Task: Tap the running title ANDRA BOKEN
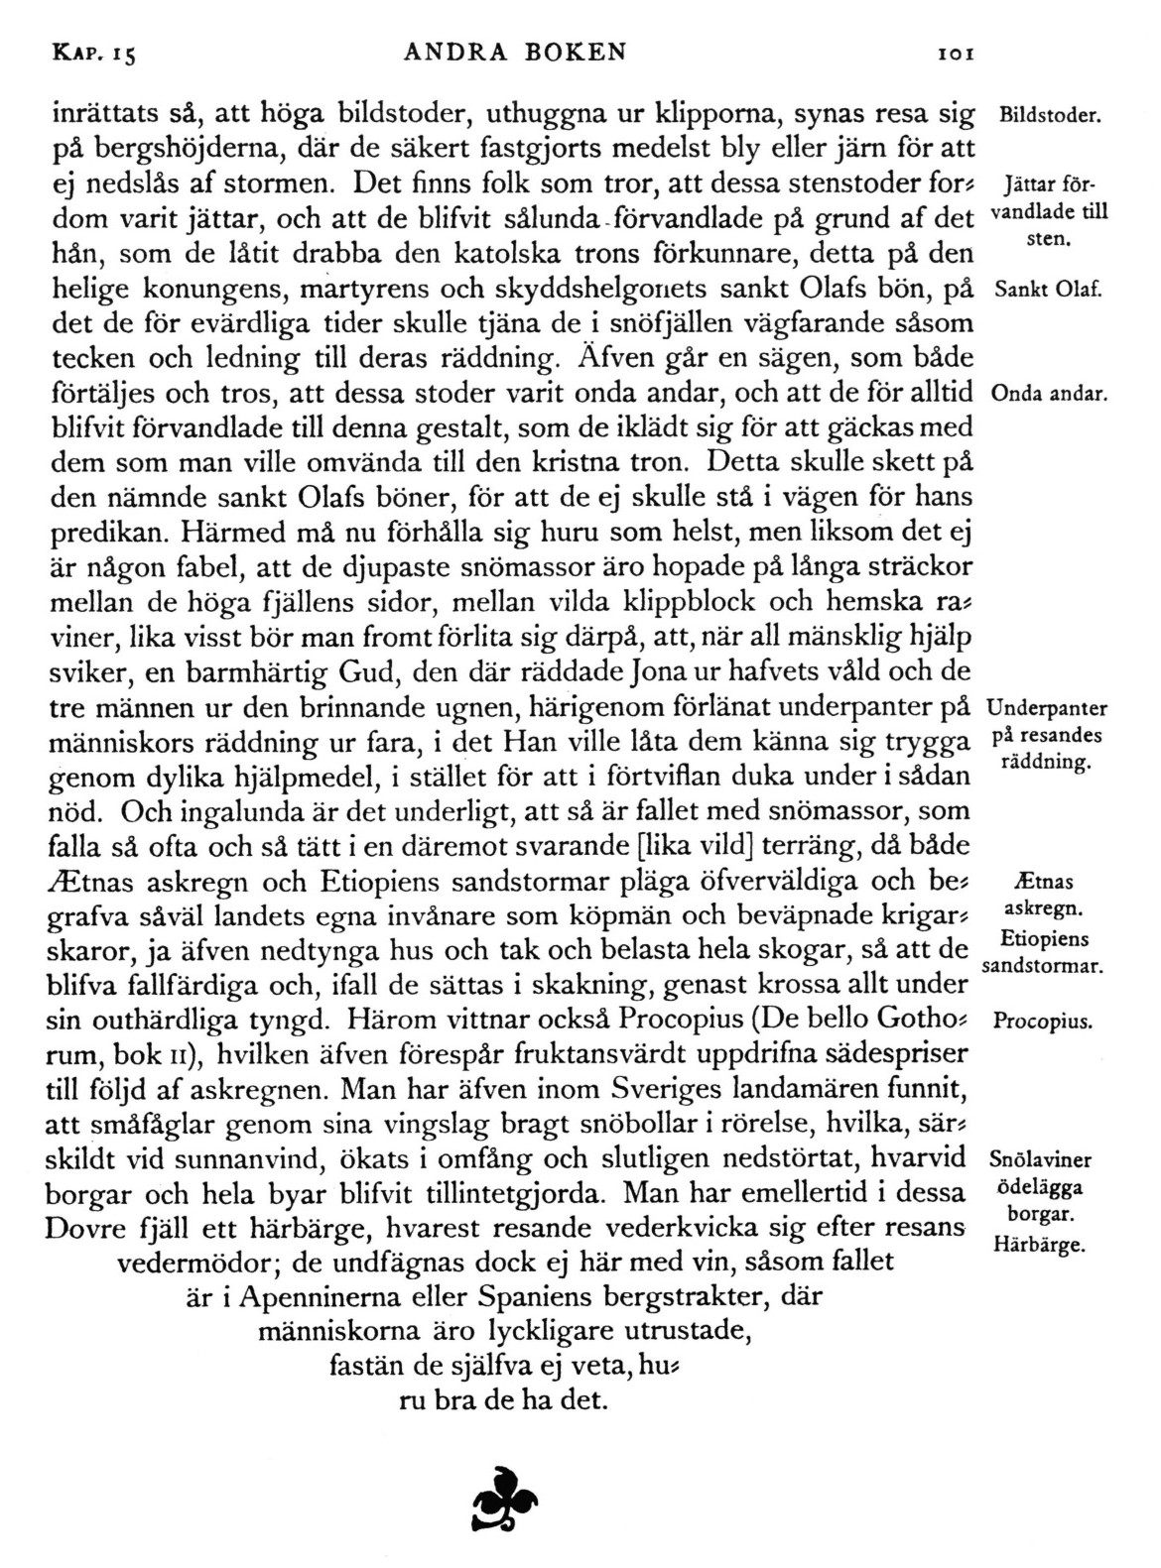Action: (516, 52)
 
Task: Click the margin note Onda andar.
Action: (1048, 394)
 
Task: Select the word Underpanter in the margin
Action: (1048, 709)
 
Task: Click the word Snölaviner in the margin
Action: (1041, 1161)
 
